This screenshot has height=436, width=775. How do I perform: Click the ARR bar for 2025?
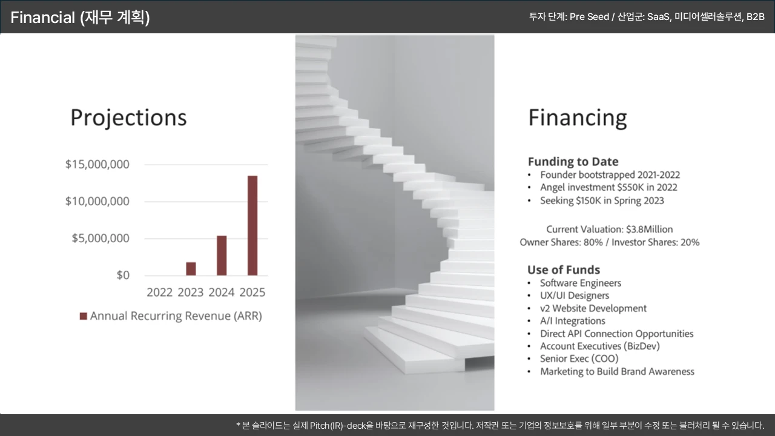252,226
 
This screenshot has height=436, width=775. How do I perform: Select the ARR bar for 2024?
222,256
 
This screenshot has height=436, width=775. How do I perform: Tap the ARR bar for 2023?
191,269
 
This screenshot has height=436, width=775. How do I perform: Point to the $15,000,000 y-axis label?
97,164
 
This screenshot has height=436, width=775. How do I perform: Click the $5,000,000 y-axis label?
101,239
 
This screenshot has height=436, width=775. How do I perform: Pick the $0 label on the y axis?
123,276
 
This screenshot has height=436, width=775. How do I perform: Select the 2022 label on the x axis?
159,292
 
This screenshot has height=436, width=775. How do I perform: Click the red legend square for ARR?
84,316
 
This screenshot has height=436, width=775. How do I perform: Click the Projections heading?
129,117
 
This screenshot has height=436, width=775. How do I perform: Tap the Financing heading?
578,118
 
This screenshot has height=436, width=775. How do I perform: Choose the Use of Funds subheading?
564,269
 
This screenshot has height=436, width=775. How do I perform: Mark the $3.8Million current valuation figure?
650,230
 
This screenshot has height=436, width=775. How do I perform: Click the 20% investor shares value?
690,242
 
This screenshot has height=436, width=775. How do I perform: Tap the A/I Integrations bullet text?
573,321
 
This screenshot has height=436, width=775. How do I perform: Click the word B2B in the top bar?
755,16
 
